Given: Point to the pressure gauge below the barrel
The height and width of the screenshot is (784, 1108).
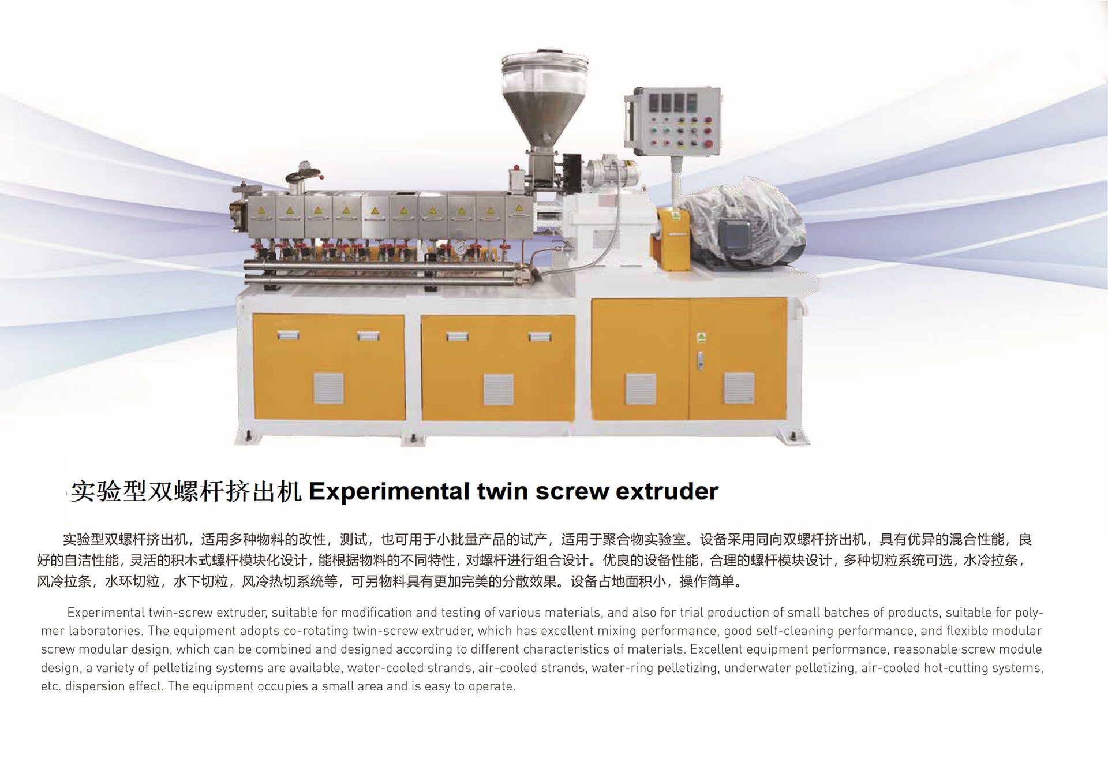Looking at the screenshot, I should pos(459,247).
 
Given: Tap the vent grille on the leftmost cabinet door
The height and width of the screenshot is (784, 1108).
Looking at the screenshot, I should pos(328,388).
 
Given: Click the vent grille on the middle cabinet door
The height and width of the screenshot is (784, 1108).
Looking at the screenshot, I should pos(498,389).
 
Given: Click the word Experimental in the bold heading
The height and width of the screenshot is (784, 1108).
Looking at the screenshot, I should pos(389,492).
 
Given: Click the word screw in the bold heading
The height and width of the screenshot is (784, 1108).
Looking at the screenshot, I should pos(572,492).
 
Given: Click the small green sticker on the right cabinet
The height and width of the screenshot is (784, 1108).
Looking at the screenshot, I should pos(702,337).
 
